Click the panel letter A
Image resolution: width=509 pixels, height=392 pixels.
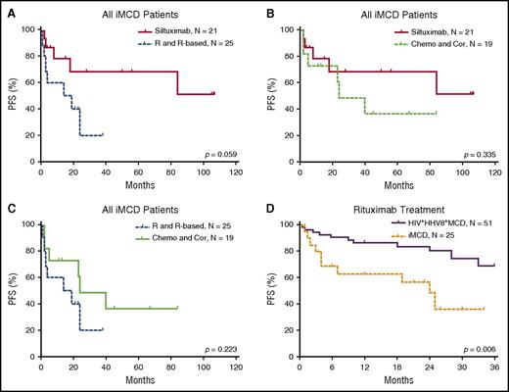point(7,9)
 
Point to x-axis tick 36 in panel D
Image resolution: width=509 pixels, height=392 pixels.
point(493,367)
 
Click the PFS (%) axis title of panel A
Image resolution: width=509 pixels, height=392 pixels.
point(10,93)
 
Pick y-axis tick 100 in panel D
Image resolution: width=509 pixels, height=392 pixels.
point(286,224)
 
